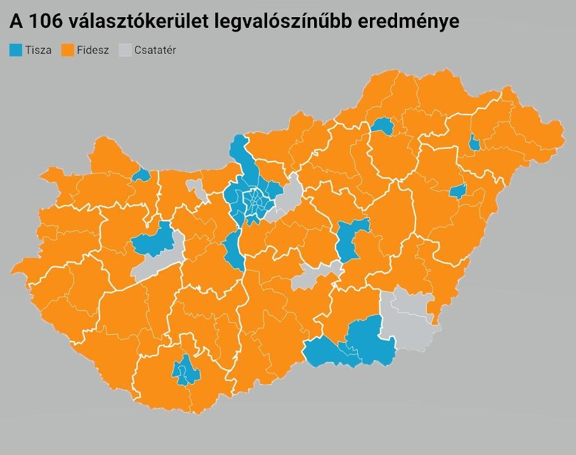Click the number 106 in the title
(44, 21)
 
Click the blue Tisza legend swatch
(16, 50)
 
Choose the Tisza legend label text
(39, 51)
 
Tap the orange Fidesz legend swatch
(67, 50)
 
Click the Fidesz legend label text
(93, 51)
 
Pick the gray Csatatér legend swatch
(125, 50)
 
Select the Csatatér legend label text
(155, 51)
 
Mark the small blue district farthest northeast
(474, 143)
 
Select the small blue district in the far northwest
(142, 174)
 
